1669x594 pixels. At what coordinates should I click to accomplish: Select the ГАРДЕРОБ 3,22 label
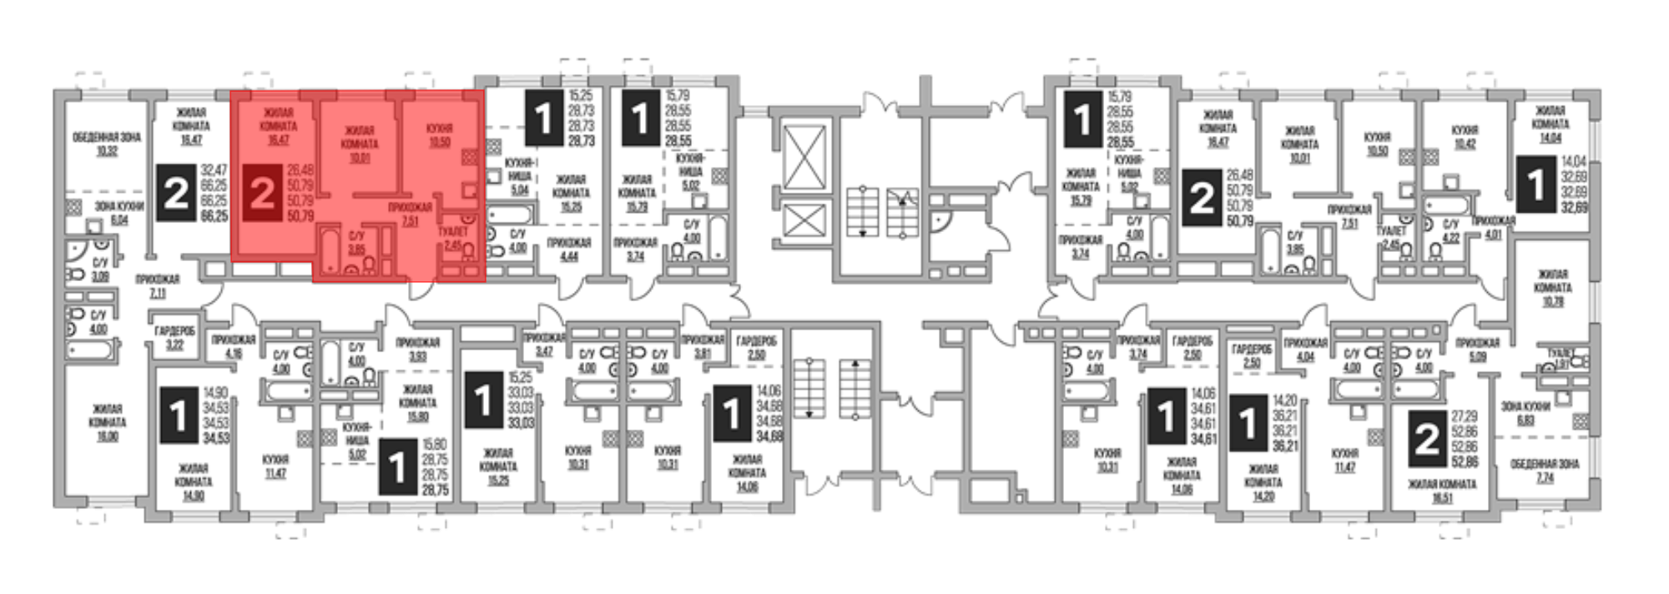click(x=174, y=337)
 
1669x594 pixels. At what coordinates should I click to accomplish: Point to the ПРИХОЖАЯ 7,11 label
click(x=159, y=287)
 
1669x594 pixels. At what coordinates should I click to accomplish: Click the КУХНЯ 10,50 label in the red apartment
click(x=439, y=135)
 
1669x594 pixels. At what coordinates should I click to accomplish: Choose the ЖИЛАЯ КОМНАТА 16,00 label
click(x=108, y=422)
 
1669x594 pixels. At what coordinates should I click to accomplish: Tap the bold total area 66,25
click(x=214, y=215)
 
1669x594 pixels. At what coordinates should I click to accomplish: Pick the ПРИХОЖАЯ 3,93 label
click(x=418, y=349)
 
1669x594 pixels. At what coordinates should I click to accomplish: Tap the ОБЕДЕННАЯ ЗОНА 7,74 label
click(x=1545, y=471)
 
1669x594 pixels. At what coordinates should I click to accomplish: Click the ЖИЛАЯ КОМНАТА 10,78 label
click(x=1552, y=287)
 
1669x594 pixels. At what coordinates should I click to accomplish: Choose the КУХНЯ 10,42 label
click(x=1465, y=138)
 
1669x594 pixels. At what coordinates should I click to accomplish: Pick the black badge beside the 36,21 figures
click(x=1248, y=424)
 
